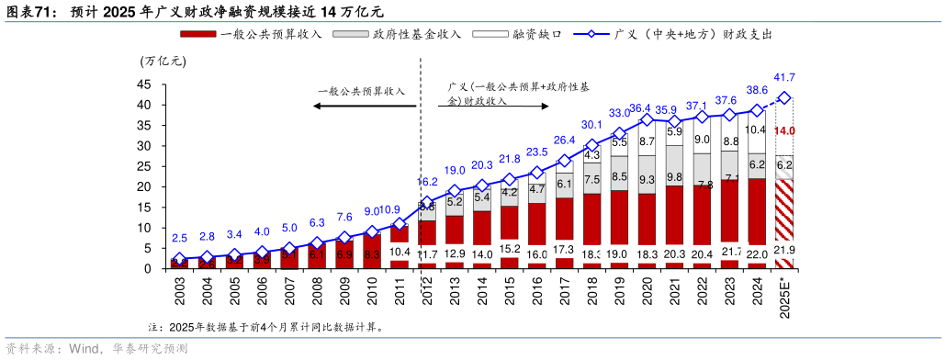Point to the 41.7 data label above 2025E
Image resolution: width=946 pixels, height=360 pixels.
(x=784, y=77)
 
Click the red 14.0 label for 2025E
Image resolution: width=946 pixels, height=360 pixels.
(x=784, y=131)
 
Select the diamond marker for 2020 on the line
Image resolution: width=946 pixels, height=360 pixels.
(x=647, y=120)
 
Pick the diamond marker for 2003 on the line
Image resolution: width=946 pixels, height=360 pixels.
(x=179, y=259)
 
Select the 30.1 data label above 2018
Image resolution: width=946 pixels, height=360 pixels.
(x=591, y=125)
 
